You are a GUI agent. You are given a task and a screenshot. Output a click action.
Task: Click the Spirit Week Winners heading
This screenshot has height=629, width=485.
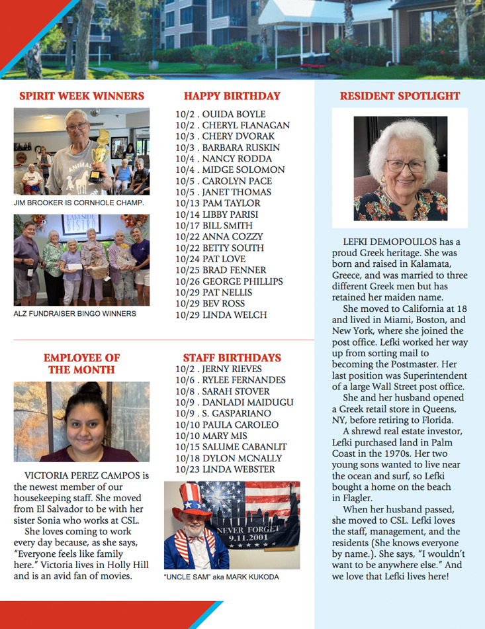81,96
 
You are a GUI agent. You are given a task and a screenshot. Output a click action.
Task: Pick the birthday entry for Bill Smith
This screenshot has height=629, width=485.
210,225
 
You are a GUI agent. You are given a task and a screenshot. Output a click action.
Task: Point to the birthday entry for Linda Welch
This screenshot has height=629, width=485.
221,314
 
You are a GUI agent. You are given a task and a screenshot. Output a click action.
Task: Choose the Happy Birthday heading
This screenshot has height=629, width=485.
232,96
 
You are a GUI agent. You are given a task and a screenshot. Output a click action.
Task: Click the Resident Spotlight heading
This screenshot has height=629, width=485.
400,96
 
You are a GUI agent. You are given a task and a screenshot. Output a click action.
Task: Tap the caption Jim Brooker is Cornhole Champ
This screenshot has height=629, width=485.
79,203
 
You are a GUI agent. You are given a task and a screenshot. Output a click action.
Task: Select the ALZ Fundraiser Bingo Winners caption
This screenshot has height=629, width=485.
75,313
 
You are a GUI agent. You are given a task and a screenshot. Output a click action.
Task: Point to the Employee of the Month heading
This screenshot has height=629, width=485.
81,363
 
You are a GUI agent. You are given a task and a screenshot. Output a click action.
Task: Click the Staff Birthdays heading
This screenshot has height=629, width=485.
232,358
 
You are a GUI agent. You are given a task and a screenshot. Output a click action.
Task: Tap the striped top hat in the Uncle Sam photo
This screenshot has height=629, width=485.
190,499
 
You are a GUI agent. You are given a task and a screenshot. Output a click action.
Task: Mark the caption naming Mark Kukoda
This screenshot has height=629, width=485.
221,577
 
